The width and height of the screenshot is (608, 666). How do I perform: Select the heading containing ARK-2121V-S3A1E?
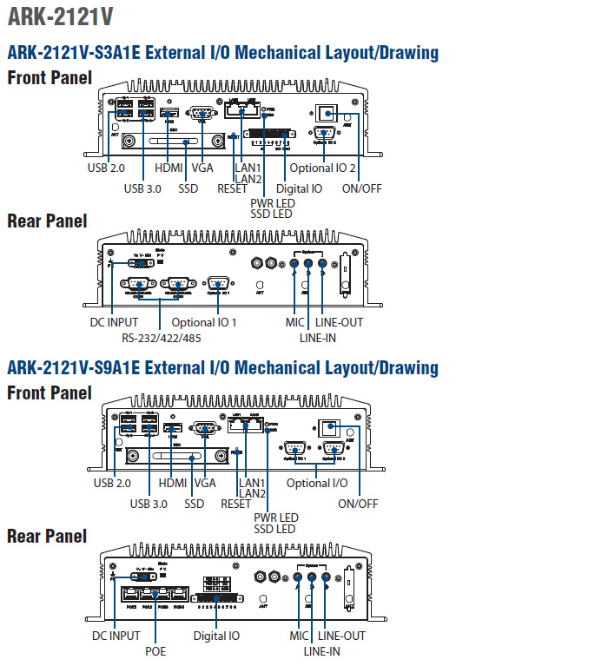tap(222, 53)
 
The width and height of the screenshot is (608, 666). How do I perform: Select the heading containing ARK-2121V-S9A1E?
tap(222, 367)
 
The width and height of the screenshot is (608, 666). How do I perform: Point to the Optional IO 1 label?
tap(203, 322)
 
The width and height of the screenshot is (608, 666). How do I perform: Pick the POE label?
tap(155, 650)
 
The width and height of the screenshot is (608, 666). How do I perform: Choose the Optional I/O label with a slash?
tap(317, 483)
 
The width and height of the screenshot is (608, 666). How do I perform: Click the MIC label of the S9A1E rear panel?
tap(300, 636)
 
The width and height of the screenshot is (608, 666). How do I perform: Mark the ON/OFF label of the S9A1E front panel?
tap(358, 504)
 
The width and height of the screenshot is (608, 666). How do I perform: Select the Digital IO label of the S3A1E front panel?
tap(299, 188)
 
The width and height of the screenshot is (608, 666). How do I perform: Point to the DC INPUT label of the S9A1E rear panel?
tap(116, 636)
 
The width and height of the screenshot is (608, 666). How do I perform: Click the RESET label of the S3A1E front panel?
tap(232, 188)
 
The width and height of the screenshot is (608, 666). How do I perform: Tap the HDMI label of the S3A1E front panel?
tap(169, 168)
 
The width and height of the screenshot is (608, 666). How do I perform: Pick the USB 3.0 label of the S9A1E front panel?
tap(149, 504)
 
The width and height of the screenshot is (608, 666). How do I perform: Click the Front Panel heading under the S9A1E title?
tap(50, 392)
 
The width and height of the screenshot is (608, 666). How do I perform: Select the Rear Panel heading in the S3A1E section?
tap(47, 221)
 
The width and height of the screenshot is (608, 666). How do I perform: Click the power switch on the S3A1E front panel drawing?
tap(326, 114)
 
